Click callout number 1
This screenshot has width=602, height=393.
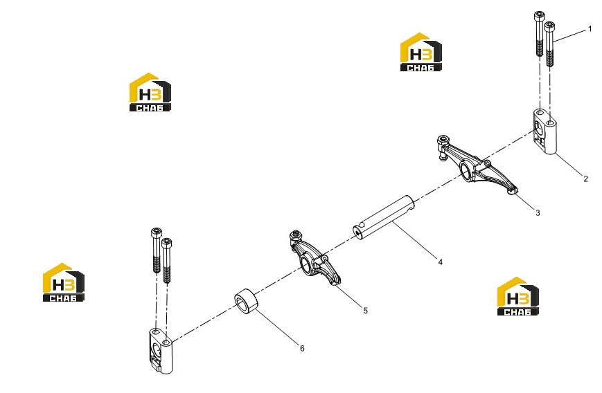tap(590, 29)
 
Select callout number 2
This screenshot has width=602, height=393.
tap(585, 179)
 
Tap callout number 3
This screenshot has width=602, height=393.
tap(538, 213)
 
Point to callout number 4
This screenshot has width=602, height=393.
tap(441, 262)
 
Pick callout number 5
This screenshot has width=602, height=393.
tap(366, 311)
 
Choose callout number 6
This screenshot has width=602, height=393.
tap(302, 348)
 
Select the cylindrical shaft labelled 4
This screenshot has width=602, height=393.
tap(384, 218)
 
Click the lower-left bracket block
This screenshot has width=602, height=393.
tap(161, 351)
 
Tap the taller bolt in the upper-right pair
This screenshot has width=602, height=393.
tap(540, 34)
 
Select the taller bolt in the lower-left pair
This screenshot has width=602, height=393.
tap(157, 250)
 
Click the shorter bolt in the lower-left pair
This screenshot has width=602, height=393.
tap(167, 260)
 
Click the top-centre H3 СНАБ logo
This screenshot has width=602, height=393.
tap(420, 52)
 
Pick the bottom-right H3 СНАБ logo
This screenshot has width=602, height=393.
tap(518, 296)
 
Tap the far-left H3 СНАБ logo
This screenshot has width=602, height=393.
tap(63, 282)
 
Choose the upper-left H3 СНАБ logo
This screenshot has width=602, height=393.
tap(150, 93)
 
